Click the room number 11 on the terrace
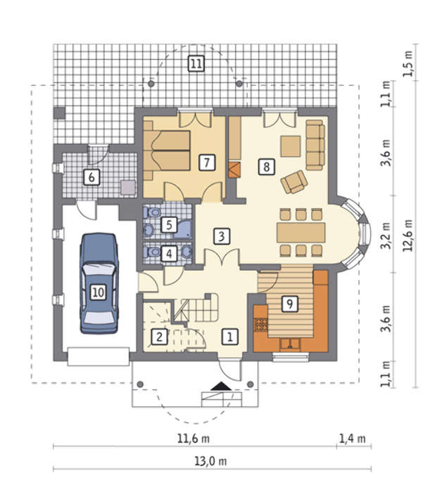196,64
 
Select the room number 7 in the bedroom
206,162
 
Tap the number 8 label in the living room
267,167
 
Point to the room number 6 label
92,177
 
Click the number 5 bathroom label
169,225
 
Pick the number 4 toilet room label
169,253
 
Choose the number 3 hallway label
222,236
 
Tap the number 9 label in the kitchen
289,304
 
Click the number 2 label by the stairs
159,337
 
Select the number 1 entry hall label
230,337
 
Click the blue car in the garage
99,283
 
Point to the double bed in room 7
167,151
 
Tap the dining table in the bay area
301,233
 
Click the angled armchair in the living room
294,182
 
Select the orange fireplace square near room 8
234,170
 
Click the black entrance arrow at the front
222,386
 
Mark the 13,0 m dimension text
210,461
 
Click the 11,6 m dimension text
194,438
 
